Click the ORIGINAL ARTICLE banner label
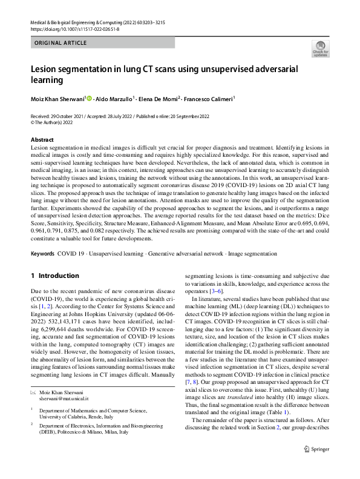61,43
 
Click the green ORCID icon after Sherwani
91,97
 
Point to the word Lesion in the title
45,69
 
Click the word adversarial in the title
268,69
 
